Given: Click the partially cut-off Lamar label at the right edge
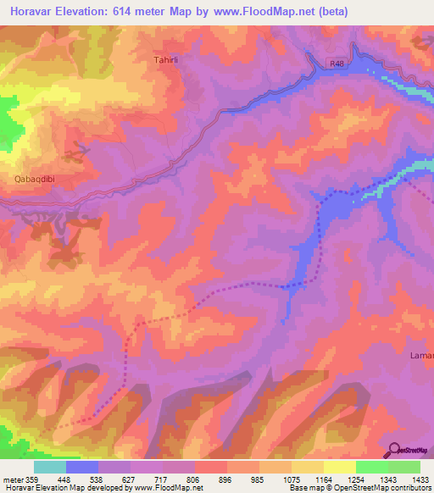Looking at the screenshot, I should click(421, 355).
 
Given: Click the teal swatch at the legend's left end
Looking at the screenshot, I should click(50, 467).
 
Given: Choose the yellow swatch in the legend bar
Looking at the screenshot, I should click(339, 467).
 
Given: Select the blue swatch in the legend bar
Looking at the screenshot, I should click(82, 467).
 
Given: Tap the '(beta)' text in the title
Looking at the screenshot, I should click(329, 13).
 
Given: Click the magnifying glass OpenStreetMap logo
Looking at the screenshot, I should click(395, 450).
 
